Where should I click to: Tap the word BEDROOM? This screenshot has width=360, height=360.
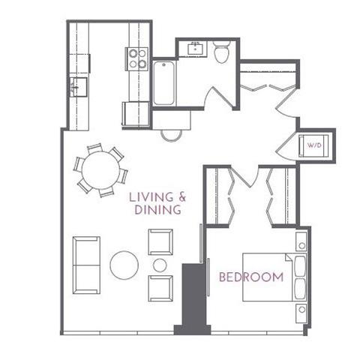click(251, 277)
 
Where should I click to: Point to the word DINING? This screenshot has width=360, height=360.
click(157, 211)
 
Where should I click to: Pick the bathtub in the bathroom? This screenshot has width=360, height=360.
click(163, 82)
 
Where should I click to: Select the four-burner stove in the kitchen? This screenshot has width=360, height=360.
click(136, 58)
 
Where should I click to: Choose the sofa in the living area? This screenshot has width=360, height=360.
click(85, 265)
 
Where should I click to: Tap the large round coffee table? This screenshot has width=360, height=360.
click(124, 265)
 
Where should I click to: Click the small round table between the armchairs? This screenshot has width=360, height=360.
click(160, 265)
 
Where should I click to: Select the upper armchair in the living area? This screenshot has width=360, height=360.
click(160, 241)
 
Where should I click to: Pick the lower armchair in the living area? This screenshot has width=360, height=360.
click(160, 288)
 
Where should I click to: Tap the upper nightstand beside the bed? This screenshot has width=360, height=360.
click(301, 242)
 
